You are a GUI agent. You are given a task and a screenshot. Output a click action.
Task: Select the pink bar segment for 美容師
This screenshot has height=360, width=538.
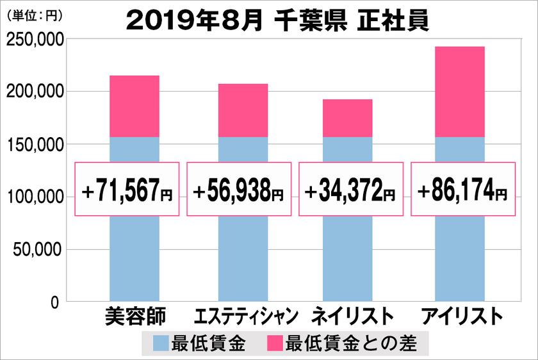(134, 106)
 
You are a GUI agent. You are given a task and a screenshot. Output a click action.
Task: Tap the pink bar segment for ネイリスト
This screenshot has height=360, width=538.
(347, 118)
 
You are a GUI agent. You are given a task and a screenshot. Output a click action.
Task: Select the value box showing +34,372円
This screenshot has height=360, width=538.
(351, 190)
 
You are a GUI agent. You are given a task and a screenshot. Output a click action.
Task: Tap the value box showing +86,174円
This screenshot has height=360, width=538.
(462, 190)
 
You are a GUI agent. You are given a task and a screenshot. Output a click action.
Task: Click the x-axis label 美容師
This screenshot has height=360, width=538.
(134, 317)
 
